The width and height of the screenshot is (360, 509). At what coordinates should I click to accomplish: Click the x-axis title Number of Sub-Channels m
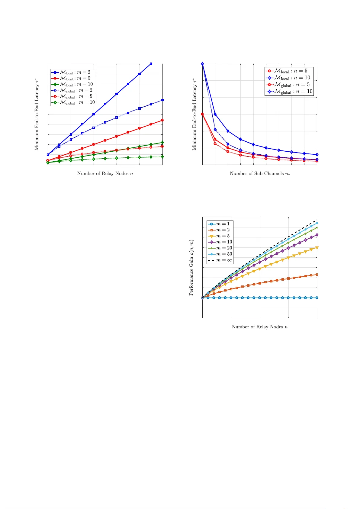pyautogui.click(x=259, y=173)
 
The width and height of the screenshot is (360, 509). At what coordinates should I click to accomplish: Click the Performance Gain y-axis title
pyautogui.click(x=191, y=268)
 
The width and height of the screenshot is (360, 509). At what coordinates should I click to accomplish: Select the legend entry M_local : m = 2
pyautogui.click(x=72, y=72)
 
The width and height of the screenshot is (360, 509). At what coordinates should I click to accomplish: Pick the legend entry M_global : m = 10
pyautogui.click(x=72, y=102)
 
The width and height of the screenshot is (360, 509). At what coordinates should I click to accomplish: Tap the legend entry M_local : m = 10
pyautogui.click(x=72, y=84)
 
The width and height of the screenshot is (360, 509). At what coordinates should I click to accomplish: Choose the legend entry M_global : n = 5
pyautogui.click(x=289, y=85)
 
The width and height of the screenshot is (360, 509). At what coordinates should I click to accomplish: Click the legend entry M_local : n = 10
pyautogui.click(x=289, y=78)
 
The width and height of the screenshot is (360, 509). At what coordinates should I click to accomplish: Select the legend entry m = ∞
pyautogui.click(x=220, y=260)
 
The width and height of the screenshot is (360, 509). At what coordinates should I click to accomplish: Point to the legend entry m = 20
pyautogui.click(x=220, y=248)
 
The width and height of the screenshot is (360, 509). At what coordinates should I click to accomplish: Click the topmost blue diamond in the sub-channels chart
pyautogui.click(x=202, y=64)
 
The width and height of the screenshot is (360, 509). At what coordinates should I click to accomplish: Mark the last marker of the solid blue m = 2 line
pyautogui.click(x=151, y=64)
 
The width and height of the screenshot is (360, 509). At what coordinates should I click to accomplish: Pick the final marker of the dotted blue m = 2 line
pyautogui.click(x=162, y=100)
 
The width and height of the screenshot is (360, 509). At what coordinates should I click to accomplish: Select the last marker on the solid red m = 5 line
pyautogui.click(x=162, y=120)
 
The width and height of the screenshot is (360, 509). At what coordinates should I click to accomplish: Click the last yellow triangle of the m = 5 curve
pyautogui.click(x=317, y=248)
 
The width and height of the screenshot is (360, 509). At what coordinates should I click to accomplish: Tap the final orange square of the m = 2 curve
pyautogui.click(x=317, y=275)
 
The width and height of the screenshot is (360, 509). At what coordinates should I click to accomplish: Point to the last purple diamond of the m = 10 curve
pyautogui.click(x=317, y=235)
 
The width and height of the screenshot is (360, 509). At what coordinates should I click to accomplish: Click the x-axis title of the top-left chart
pyautogui.click(x=105, y=173)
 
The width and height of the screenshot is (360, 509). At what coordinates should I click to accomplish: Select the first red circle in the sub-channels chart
pyautogui.click(x=202, y=114)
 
